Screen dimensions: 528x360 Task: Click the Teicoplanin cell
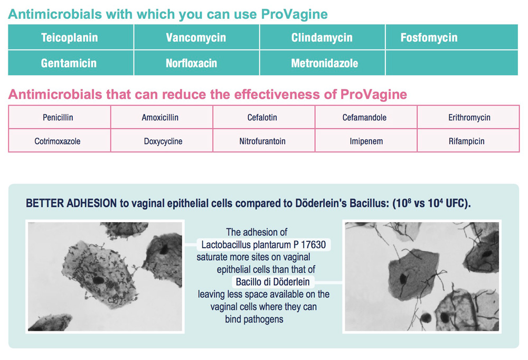(71, 37)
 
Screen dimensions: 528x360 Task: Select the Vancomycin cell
(196, 37)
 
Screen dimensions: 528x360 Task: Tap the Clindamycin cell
(322, 37)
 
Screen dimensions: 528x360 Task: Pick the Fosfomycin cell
(451, 37)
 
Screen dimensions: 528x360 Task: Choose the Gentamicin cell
(71, 63)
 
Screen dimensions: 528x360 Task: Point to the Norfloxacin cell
(196, 63)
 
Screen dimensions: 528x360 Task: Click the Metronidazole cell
(322, 63)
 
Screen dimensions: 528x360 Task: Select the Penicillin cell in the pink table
(60, 117)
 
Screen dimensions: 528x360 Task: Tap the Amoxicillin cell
(162, 117)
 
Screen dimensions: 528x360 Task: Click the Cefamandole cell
(366, 117)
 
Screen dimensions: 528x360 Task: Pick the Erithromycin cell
(468, 117)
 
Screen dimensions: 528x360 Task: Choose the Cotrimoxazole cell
(60, 141)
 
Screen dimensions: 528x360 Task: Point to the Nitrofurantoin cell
(263, 141)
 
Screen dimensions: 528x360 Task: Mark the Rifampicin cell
(468, 141)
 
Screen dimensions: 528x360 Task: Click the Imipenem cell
(366, 141)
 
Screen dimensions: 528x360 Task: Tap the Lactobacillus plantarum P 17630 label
(263, 244)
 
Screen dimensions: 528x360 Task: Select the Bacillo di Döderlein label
(273, 281)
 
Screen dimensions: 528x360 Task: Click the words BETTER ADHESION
(71, 203)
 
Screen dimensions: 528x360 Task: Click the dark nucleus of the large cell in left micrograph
(98, 280)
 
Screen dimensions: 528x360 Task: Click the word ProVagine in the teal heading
(294, 14)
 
